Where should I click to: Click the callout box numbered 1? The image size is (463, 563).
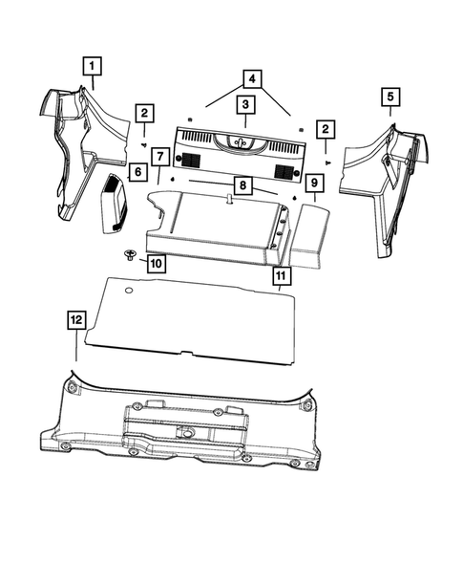92,66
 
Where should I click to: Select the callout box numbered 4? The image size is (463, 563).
251,77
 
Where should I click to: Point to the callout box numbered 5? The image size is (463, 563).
389,96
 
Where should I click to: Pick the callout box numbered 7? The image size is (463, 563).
160,156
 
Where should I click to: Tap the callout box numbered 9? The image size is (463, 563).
314,182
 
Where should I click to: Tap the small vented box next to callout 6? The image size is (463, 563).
114,204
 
